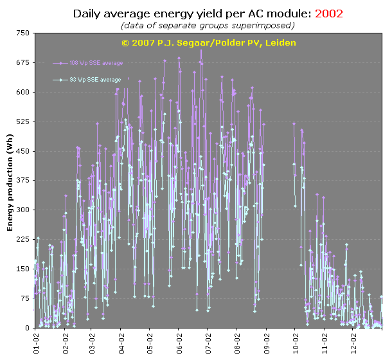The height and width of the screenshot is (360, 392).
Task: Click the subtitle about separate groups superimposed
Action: pyautogui.click(x=208, y=25)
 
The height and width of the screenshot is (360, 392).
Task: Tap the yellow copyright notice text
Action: pyautogui.click(x=209, y=42)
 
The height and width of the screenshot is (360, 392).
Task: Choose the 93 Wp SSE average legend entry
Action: pyautogui.click(x=96, y=80)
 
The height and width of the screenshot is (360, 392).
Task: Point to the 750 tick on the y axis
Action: pyautogui.click(x=22, y=33)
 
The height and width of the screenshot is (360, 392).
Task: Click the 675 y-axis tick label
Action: pyautogui.click(x=22, y=62)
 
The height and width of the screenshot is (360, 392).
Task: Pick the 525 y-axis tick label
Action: pyautogui.click(x=22, y=122)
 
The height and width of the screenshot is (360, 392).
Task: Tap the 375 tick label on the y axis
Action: pyautogui.click(x=22, y=181)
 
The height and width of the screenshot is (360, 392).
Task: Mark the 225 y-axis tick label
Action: pyautogui.click(x=22, y=239)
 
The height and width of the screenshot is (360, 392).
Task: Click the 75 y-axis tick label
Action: pyautogui.click(x=24, y=298)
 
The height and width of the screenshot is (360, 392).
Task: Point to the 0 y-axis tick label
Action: pyautogui.click(x=27, y=328)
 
